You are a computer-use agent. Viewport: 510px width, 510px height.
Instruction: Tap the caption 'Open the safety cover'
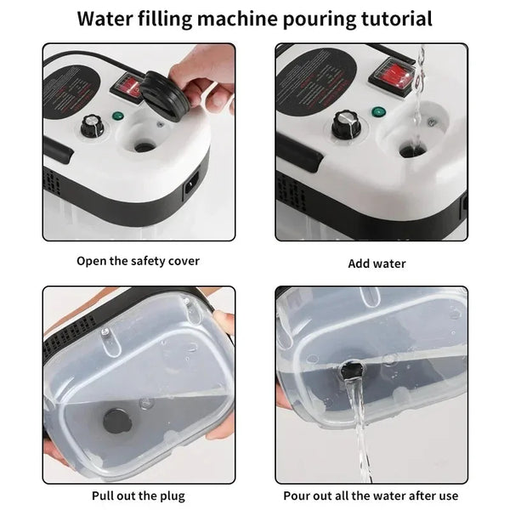(x=138, y=261)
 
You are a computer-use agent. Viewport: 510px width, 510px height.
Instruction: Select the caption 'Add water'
(x=377, y=263)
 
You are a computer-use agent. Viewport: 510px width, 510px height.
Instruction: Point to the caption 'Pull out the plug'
(x=138, y=495)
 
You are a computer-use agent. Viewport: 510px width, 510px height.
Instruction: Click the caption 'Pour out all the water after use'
(x=371, y=495)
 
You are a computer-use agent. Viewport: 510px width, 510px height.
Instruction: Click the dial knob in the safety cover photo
(x=88, y=130)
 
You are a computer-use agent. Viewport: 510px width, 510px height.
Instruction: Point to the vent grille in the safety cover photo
(x=51, y=183)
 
